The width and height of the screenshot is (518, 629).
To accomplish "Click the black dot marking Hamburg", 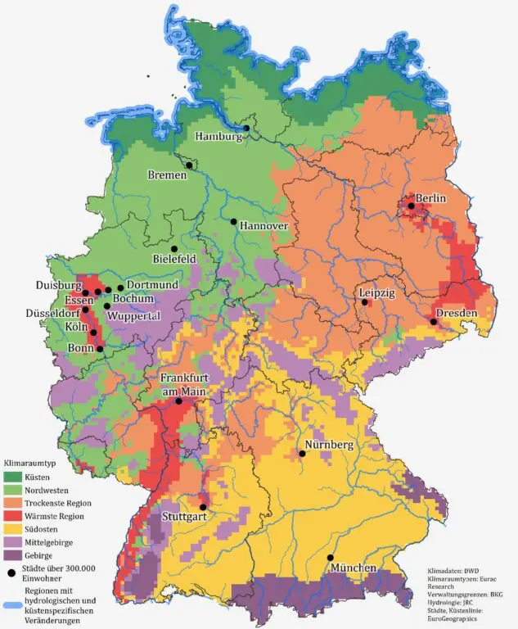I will pyautogui.click(x=245, y=129).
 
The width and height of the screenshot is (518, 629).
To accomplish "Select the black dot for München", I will pyautogui.click(x=331, y=558).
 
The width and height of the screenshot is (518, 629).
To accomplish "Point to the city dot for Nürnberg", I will pyautogui.click(x=302, y=453).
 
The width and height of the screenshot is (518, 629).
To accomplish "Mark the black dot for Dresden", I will pyautogui.click(x=433, y=322).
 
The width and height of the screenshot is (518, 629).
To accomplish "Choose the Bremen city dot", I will pyautogui.click(x=189, y=165).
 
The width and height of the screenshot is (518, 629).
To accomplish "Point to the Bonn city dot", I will pyautogui.click(x=100, y=349).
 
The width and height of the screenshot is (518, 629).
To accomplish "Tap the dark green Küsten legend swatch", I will pyautogui.click(x=15, y=477).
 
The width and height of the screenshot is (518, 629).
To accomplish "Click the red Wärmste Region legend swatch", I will pyautogui.click(x=15, y=516).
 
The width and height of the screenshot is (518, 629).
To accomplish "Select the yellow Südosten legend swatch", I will pyautogui.click(x=15, y=529).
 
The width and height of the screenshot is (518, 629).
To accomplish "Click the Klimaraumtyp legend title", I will pyautogui.click(x=32, y=463).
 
